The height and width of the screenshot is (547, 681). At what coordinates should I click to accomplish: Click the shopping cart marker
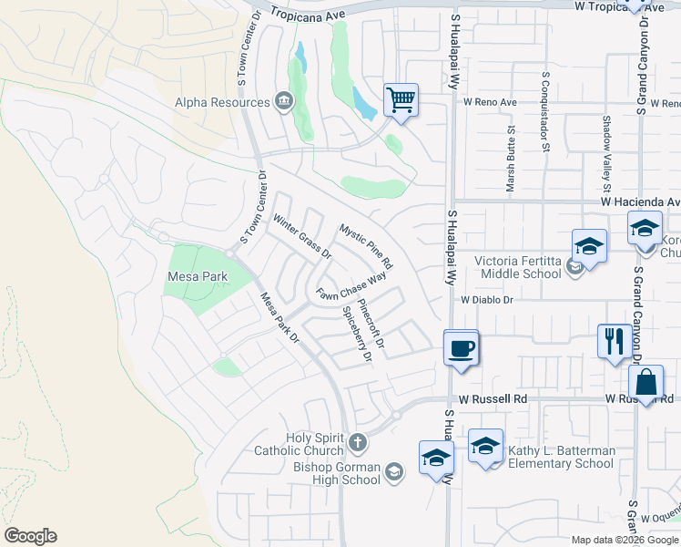pos(401,99)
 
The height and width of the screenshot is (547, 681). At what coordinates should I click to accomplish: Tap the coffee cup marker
pos(462,347)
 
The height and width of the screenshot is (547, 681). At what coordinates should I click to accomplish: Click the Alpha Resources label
pos(222,102)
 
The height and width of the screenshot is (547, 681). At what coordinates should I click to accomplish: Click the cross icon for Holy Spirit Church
pos(358,444)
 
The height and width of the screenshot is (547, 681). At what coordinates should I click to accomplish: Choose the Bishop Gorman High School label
pos(337,474)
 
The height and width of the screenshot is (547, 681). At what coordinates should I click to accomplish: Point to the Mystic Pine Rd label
pos(366,245)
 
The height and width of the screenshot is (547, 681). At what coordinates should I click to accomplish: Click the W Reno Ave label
pos(491,103)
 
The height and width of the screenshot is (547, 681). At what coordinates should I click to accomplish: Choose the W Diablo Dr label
pos(487,299)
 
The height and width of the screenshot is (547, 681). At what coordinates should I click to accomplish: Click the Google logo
pos(30,536)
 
